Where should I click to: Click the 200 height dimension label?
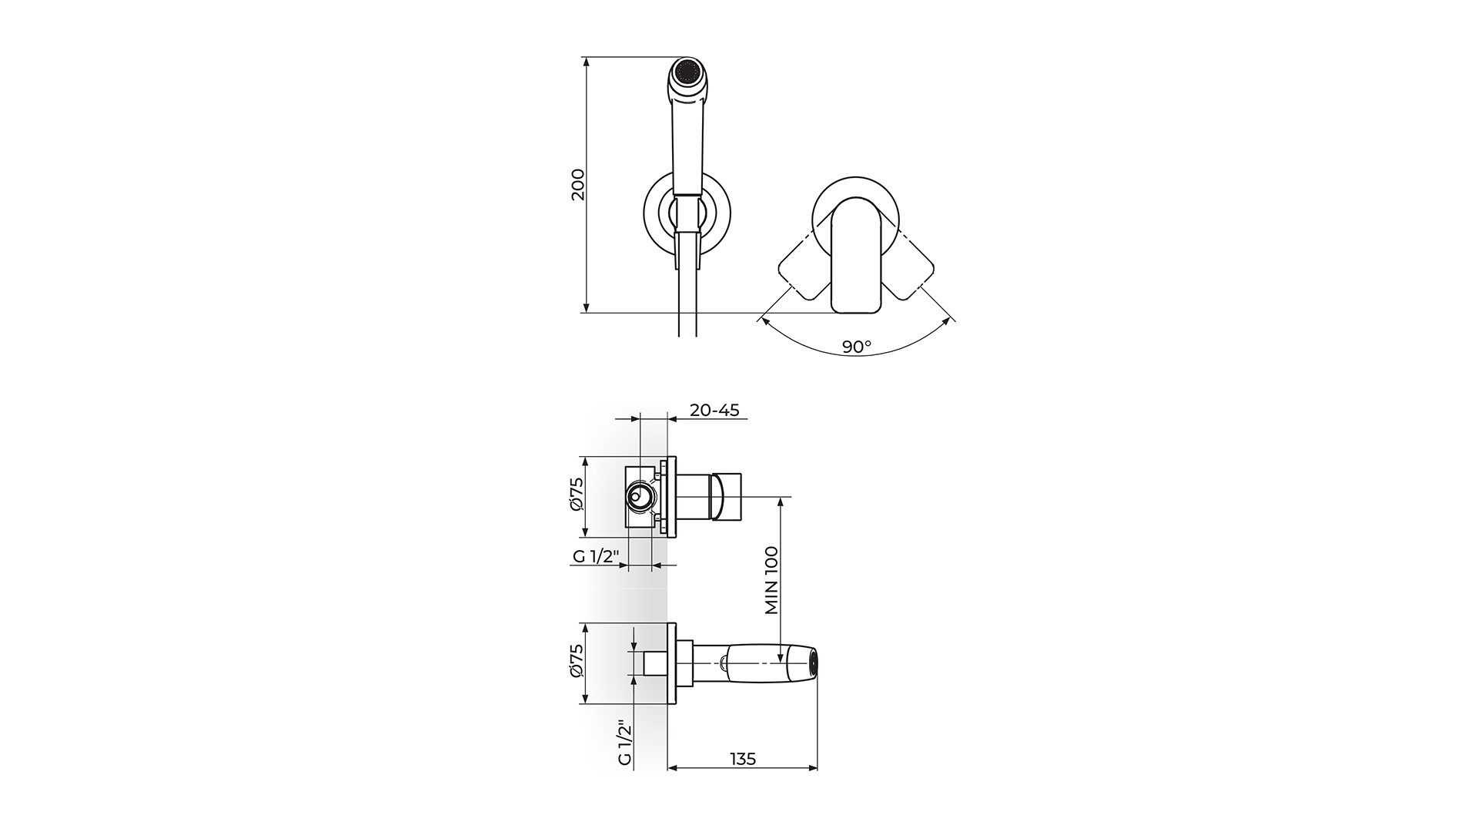point(578,185)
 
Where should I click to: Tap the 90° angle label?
point(856,347)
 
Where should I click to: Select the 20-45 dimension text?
point(714,410)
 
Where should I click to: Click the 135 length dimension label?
point(742,759)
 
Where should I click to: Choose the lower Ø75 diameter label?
point(577,660)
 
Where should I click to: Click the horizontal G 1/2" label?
point(596,557)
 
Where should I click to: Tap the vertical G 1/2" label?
point(624,742)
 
